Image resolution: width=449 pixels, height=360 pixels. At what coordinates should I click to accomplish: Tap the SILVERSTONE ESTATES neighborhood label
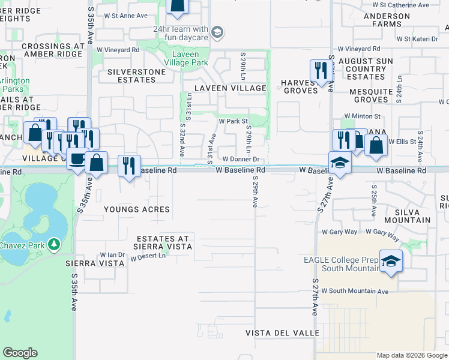[x=127, y=75]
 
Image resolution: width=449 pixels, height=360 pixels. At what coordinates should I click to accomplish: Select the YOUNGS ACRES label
[x=136, y=209]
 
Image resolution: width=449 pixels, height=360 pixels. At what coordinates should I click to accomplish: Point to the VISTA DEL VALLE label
[x=282, y=332]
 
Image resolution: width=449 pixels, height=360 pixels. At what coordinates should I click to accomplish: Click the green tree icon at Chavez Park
[x=54, y=244]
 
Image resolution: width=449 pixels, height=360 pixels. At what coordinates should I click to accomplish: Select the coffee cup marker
[x=77, y=159]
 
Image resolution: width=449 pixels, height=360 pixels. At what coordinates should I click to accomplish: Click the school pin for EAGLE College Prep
[x=391, y=261]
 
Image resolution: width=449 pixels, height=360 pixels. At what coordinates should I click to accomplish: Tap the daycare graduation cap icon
[x=217, y=31]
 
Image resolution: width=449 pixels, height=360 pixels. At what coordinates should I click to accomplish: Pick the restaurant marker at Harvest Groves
[x=321, y=70]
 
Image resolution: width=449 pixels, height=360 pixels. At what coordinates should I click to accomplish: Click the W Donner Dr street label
[x=241, y=160]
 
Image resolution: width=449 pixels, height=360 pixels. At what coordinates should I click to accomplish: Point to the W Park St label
[x=233, y=121]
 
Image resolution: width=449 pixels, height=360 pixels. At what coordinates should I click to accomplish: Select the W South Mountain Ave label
[x=355, y=292]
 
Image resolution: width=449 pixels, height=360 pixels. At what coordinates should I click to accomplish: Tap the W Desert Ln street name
[x=148, y=256]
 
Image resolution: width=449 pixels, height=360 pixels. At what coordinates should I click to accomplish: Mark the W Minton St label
[x=362, y=116]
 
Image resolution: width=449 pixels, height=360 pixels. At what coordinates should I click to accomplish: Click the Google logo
[x=20, y=353]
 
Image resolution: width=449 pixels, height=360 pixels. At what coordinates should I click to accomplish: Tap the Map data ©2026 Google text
[x=411, y=355]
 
